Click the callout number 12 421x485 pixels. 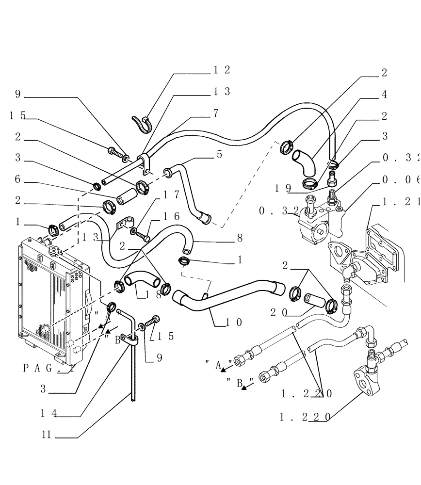tap(222, 70)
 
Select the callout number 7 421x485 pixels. tap(215, 113)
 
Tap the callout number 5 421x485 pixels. tap(219, 154)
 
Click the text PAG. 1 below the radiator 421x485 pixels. tap(49, 368)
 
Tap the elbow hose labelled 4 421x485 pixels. tap(305, 165)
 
